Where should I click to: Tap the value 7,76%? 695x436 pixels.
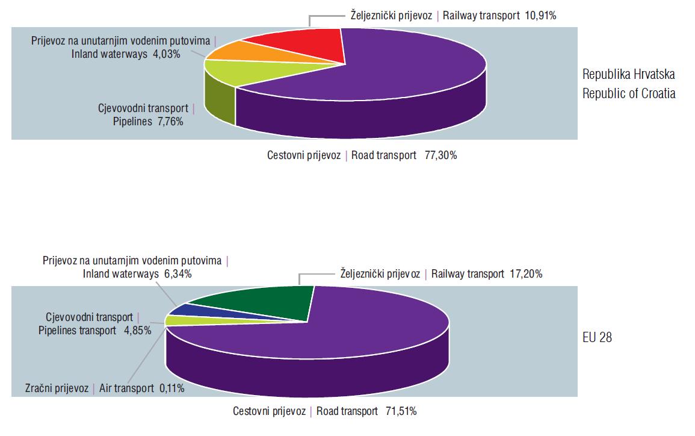(x=170, y=121)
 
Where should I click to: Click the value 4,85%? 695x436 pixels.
(x=136, y=330)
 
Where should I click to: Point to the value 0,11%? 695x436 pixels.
(x=171, y=388)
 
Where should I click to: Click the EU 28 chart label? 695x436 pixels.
(x=597, y=337)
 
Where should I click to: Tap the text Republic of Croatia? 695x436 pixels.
(x=629, y=93)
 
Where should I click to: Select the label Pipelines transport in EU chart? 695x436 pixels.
(x=78, y=330)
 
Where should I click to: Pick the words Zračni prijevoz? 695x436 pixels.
(x=57, y=388)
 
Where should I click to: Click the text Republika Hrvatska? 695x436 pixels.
(x=629, y=75)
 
